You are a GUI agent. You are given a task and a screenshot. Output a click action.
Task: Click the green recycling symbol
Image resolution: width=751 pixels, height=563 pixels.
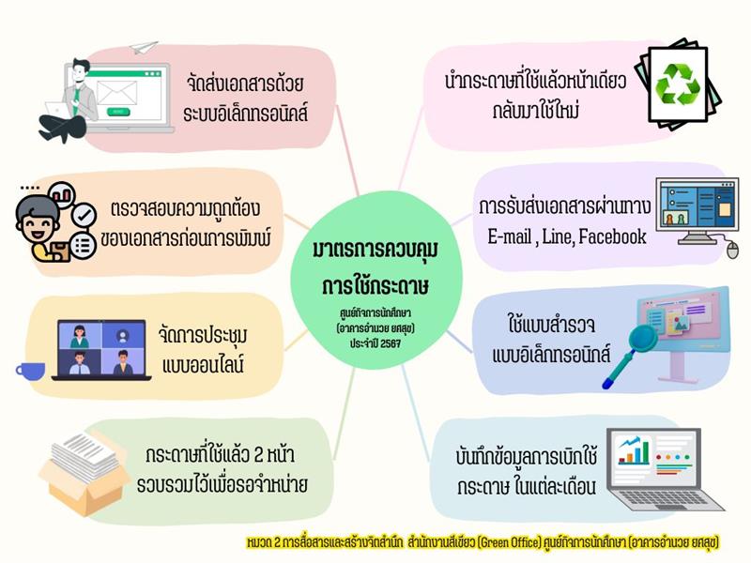678,84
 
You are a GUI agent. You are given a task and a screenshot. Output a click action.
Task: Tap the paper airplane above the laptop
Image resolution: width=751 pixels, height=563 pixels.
144,48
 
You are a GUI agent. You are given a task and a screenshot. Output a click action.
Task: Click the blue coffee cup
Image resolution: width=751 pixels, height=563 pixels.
31,371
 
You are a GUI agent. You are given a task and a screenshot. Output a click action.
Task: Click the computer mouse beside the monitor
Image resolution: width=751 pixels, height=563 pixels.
732,250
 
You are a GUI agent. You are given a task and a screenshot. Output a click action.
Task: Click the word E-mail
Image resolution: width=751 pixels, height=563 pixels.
509,236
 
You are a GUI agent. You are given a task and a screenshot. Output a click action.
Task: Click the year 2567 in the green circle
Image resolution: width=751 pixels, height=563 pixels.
391,343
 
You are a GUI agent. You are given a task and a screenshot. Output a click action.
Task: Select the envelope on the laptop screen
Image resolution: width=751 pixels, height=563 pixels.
116,93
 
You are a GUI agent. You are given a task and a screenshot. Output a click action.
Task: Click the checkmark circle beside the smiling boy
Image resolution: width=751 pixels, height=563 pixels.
84,215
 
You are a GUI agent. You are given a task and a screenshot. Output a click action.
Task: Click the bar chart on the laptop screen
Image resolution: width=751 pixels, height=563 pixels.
634,451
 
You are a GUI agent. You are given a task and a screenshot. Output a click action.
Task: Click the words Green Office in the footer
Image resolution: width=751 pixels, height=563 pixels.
509,542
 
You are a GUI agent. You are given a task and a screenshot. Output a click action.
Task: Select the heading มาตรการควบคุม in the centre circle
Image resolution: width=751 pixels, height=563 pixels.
375,251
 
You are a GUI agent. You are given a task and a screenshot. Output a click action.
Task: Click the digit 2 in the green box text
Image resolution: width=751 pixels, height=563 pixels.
259,455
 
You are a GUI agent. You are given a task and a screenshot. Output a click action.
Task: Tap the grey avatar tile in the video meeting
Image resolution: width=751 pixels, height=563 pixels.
123,335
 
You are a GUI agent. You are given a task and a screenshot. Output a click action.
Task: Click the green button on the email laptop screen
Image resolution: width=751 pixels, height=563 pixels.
118,112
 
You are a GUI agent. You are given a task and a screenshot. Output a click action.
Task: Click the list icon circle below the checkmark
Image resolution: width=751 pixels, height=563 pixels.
83,246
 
